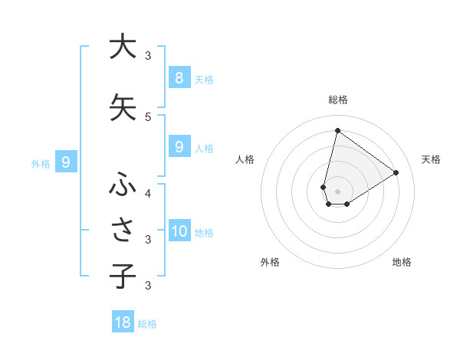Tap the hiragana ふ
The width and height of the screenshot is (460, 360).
click(x=122, y=184)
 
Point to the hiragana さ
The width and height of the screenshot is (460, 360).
click(x=122, y=230)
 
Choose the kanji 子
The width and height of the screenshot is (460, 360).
click(x=122, y=276)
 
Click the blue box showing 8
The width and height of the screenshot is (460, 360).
click(x=179, y=77)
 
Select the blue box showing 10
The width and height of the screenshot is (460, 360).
click(x=179, y=231)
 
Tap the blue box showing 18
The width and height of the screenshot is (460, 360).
click(x=123, y=322)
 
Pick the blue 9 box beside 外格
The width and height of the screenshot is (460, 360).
click(x=66, y=162)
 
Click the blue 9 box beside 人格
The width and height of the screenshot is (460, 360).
click(x=179, y=147)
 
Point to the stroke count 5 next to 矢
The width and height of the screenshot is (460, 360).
click(x=148, y=116)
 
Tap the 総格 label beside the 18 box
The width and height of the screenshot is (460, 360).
click(x=147, y=324)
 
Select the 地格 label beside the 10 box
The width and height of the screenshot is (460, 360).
click(x=204, y=233)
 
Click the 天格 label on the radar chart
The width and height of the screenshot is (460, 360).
click(x=431, y=159)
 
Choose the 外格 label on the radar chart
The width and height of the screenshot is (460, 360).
click(x=270, y=262)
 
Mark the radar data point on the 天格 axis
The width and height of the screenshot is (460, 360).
click(x=396, y=172)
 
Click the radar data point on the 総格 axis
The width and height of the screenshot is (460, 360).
click(x=337, y=130)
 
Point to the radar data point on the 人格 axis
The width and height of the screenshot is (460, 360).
click(x=324, y=187)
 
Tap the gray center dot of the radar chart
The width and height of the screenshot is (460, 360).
click(x=337, y=191)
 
